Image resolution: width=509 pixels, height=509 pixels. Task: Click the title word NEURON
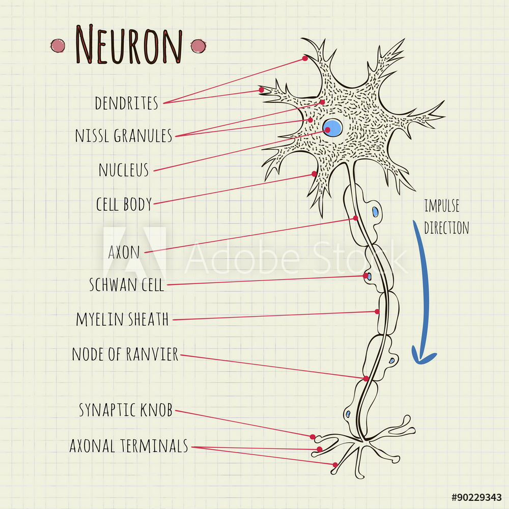pyautogui.click(x=129, y=44)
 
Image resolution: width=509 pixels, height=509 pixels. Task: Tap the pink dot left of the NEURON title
pyautogui.click(x=58, y=45)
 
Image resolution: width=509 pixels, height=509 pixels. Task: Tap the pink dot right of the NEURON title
pyautogui.click(x=198, y=46)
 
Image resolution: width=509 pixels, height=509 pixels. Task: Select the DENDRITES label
pyautogui.click(x=126, y=103)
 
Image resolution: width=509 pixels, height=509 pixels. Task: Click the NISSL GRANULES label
pyautogui.click(x=123, y=135)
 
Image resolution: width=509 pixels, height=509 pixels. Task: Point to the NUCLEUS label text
pyautogui.click(x=124, y=170)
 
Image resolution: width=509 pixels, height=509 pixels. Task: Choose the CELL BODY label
pyautogui.click(x=124, y=204)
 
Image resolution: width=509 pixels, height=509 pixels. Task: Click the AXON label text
pyautogui.click(x=124, y=252)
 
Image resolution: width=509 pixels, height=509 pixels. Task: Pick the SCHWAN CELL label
pyautogui.click(x=127, y=285)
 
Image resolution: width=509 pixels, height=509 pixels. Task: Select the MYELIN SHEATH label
pyautogui.click(x=122, y=319)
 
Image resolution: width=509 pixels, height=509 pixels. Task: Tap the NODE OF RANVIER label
pyautogui.click(x=125, y=354)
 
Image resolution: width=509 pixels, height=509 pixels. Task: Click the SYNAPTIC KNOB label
pyautogui.click(x=126, y=410)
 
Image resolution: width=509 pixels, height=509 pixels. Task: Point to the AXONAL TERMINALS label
pyautogui.click(x=129, y=446)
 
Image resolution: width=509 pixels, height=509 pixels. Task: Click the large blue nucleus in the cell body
pyautogui.click(x=332, y=128)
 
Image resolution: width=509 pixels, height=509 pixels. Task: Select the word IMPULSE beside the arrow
pyautogui.click(x=442, y=206)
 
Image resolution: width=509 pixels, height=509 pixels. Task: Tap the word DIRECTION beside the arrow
pyautogui.click(x=447, y=227)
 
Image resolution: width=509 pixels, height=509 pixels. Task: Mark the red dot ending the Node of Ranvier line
pyautogui.click(x=366, y=379)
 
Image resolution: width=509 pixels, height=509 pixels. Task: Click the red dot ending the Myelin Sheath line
pyautogui.click(x=377, y=312)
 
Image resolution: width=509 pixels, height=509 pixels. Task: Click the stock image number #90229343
pyautogui.click(x=476, y=497)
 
